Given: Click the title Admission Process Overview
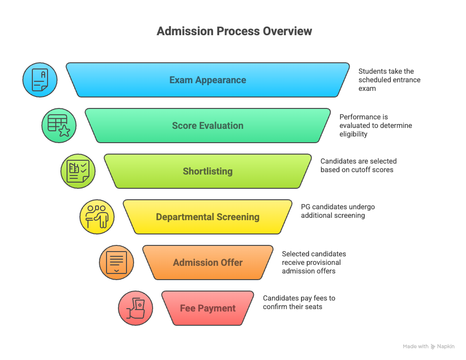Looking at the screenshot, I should pos(234,31).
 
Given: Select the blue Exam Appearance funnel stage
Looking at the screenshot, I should pos(208,80).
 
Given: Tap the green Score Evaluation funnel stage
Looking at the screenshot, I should pos(208,126).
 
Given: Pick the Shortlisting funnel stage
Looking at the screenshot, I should pos(208,171).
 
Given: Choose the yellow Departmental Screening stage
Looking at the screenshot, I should pos(208,217).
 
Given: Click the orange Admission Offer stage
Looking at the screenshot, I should pos(208,263).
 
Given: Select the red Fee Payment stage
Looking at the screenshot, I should pos(208,308).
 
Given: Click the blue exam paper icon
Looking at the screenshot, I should pos(40,80).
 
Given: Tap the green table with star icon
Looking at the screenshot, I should pos(59,126).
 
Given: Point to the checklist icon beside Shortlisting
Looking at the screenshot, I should pos(78,171).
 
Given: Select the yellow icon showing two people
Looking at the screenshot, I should pos(97,217).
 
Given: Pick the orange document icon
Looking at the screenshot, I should pos(116,263).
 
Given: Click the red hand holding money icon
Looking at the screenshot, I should pos(136,308).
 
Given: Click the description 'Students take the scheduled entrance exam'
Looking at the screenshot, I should pos(389,80).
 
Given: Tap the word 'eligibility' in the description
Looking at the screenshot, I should pos(353,134).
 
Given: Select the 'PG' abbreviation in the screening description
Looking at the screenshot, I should pos(307,207).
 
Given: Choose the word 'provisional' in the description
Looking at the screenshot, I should pos(321,263).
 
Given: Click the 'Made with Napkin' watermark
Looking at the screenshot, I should pos(428,347).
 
